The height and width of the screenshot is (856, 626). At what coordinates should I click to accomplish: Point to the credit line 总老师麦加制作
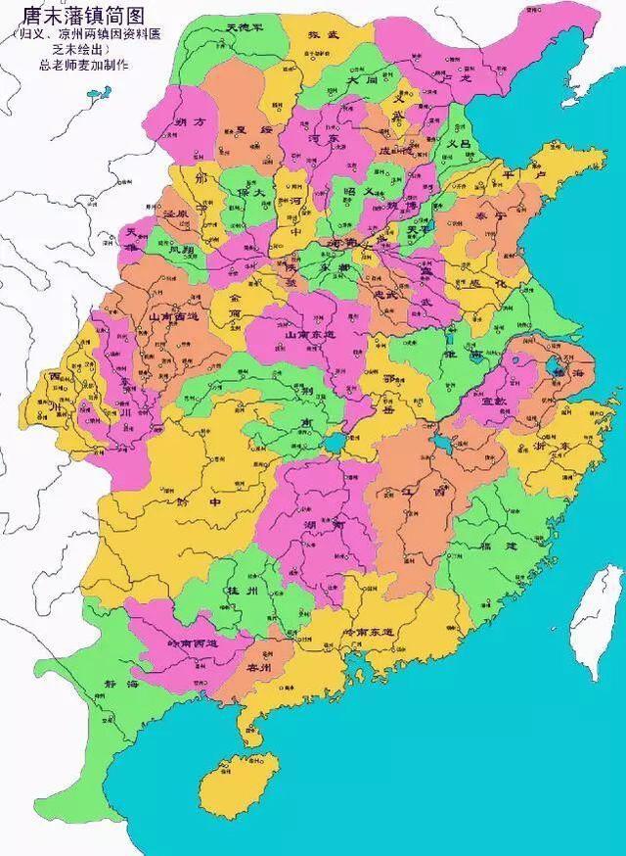pos(72,65)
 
